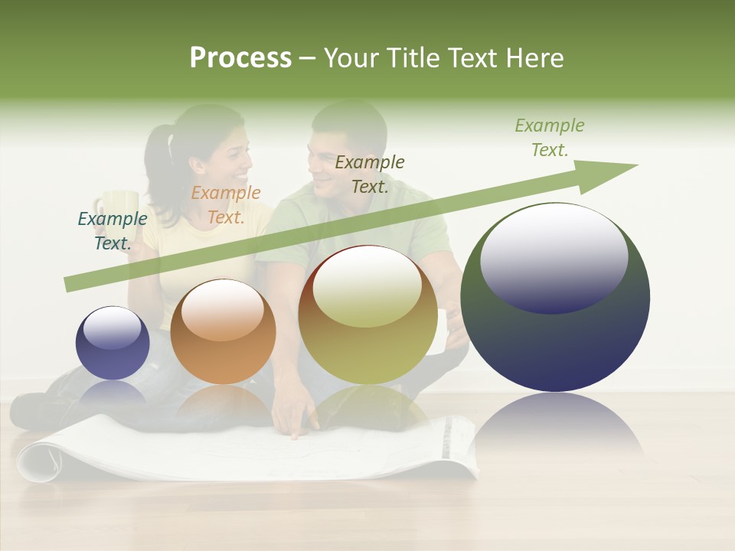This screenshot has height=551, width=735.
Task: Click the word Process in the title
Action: click(240, 58)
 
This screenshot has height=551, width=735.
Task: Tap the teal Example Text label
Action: click(113, 230)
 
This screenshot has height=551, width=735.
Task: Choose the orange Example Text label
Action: click(226, 205)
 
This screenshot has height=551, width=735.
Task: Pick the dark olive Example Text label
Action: click(370, 174)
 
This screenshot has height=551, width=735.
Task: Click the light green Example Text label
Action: click(550, 138)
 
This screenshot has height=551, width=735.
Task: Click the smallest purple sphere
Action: click(113, 343)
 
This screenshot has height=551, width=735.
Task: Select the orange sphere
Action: click(223, 331)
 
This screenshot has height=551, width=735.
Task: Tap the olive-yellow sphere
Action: click(367, 315)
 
